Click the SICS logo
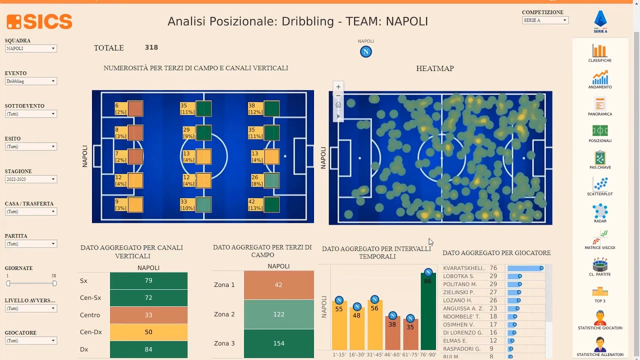coord(39,21)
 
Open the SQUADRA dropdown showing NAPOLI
coord(31,48)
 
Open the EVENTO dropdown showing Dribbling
coord(31,81)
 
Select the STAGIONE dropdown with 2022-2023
coord(31,179)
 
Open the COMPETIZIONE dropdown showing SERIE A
coord(545,20)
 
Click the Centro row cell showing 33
coord(148,315)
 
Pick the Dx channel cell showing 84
coord(148,349)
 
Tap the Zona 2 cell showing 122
coord(278,314)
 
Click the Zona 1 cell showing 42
coord(278,285)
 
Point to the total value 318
coord(151,47)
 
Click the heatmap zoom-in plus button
coord(338,86)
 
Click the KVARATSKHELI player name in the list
coord(464,268)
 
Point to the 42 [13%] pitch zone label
coord(255,205)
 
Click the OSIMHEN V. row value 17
coord(493,324)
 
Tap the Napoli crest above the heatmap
coord(366,52)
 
